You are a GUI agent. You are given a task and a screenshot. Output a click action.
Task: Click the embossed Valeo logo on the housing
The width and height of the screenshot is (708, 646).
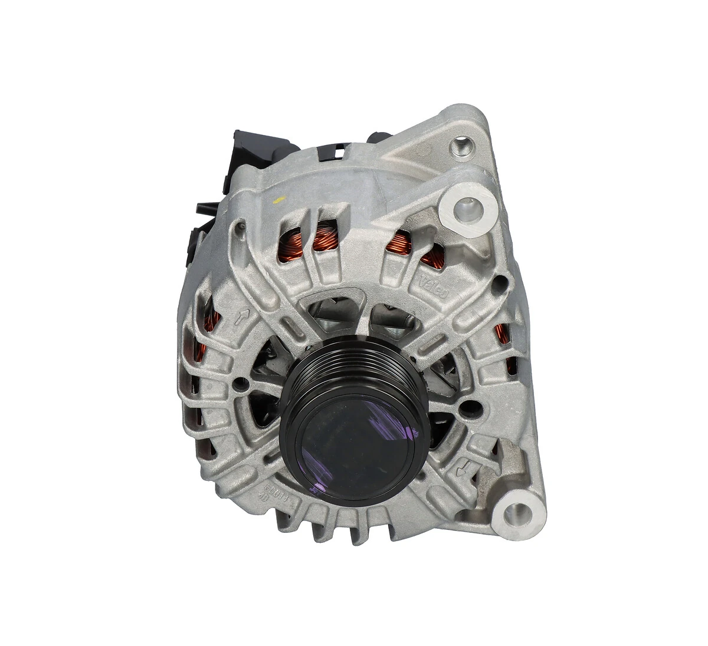(x=435, y=284)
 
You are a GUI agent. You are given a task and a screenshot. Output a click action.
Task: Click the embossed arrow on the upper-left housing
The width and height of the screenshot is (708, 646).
(x=241, y=319)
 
